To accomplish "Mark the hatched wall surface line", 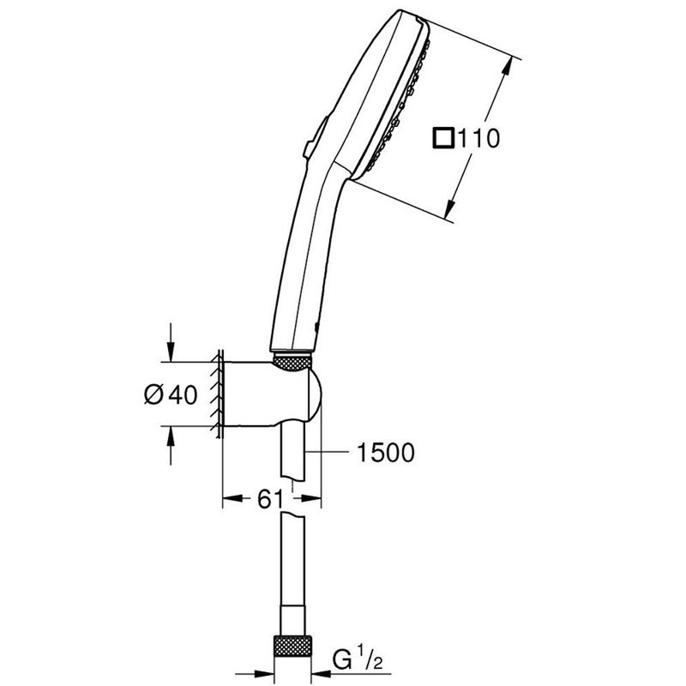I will pos(218,394).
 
